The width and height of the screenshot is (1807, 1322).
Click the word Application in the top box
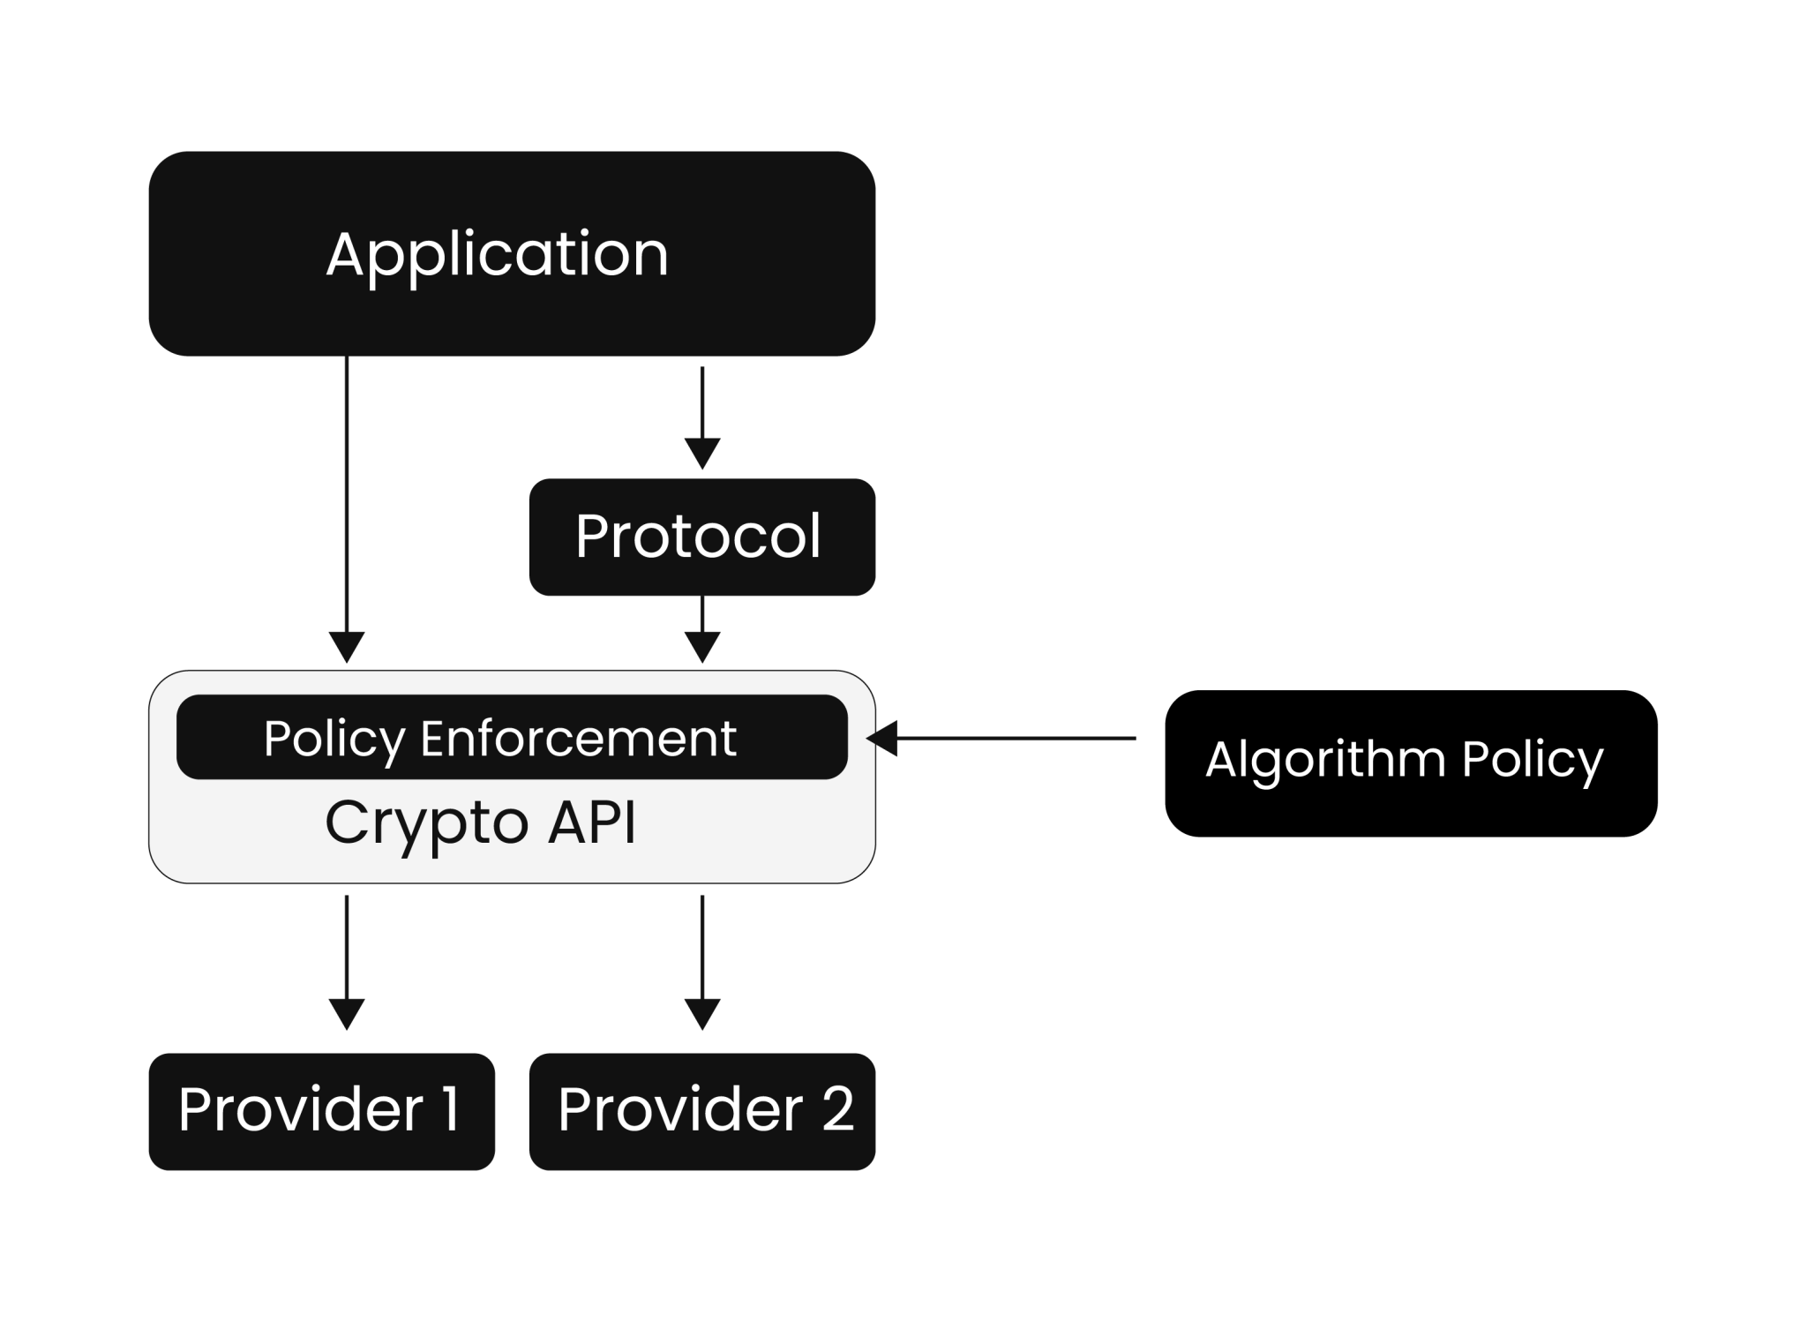(x=497, y=254)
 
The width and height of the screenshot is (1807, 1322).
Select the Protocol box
(x=701, y=537)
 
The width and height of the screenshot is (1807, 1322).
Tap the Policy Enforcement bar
(x=512, y=737)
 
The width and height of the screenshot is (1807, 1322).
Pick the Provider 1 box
(x=321, y=1111)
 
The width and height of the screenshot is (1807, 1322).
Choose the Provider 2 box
(x=701, y=1111)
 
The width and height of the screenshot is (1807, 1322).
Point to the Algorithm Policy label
(x=1403, y=759)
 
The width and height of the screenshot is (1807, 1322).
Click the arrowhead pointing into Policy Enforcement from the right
(x=884, y=738)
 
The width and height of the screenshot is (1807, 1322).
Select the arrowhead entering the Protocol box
(x=702, y=454)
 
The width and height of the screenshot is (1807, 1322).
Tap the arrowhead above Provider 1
(x=347, y=1014)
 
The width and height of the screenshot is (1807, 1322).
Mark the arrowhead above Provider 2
(x=702, y=1014)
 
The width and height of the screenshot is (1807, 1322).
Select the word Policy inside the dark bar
(x=334, y=740)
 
